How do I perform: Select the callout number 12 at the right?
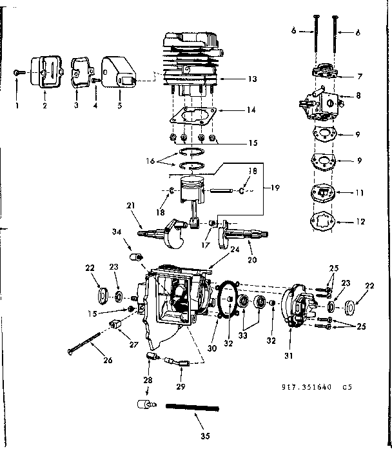pos(360,221)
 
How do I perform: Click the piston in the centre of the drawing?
pos(192,192)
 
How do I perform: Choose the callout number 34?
pos(117,232)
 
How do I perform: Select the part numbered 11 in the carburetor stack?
pos(322,193)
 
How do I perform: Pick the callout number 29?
pos(181,387)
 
